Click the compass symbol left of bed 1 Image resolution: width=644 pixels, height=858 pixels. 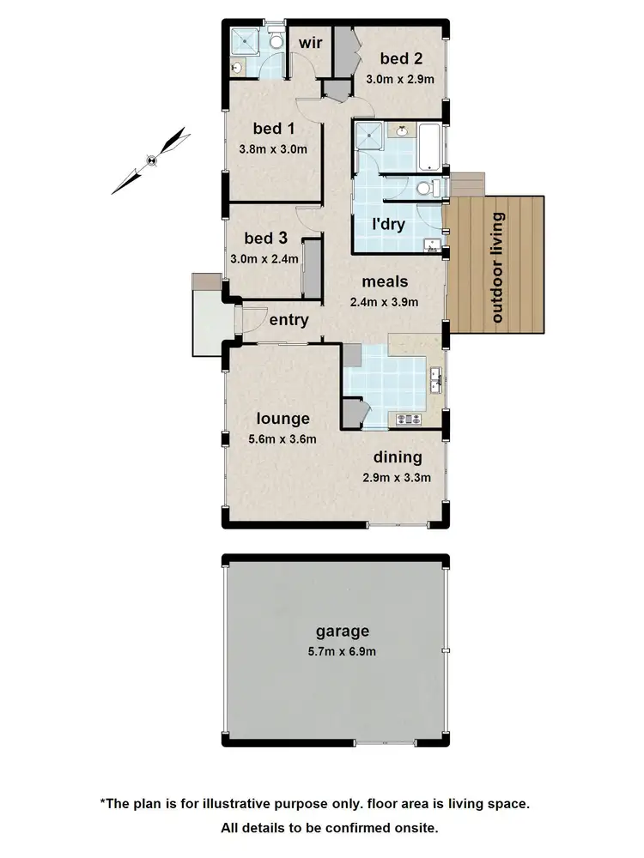[x=152, y=159]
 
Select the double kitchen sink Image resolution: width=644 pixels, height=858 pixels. [x=435, y=378]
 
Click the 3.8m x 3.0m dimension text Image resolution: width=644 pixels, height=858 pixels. [x=273, y=148]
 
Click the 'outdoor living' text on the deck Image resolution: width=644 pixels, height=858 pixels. [x=497, y=267]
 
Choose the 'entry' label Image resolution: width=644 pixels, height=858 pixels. [x=289, y=320]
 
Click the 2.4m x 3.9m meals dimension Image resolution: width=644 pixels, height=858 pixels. [x=384, y=301]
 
